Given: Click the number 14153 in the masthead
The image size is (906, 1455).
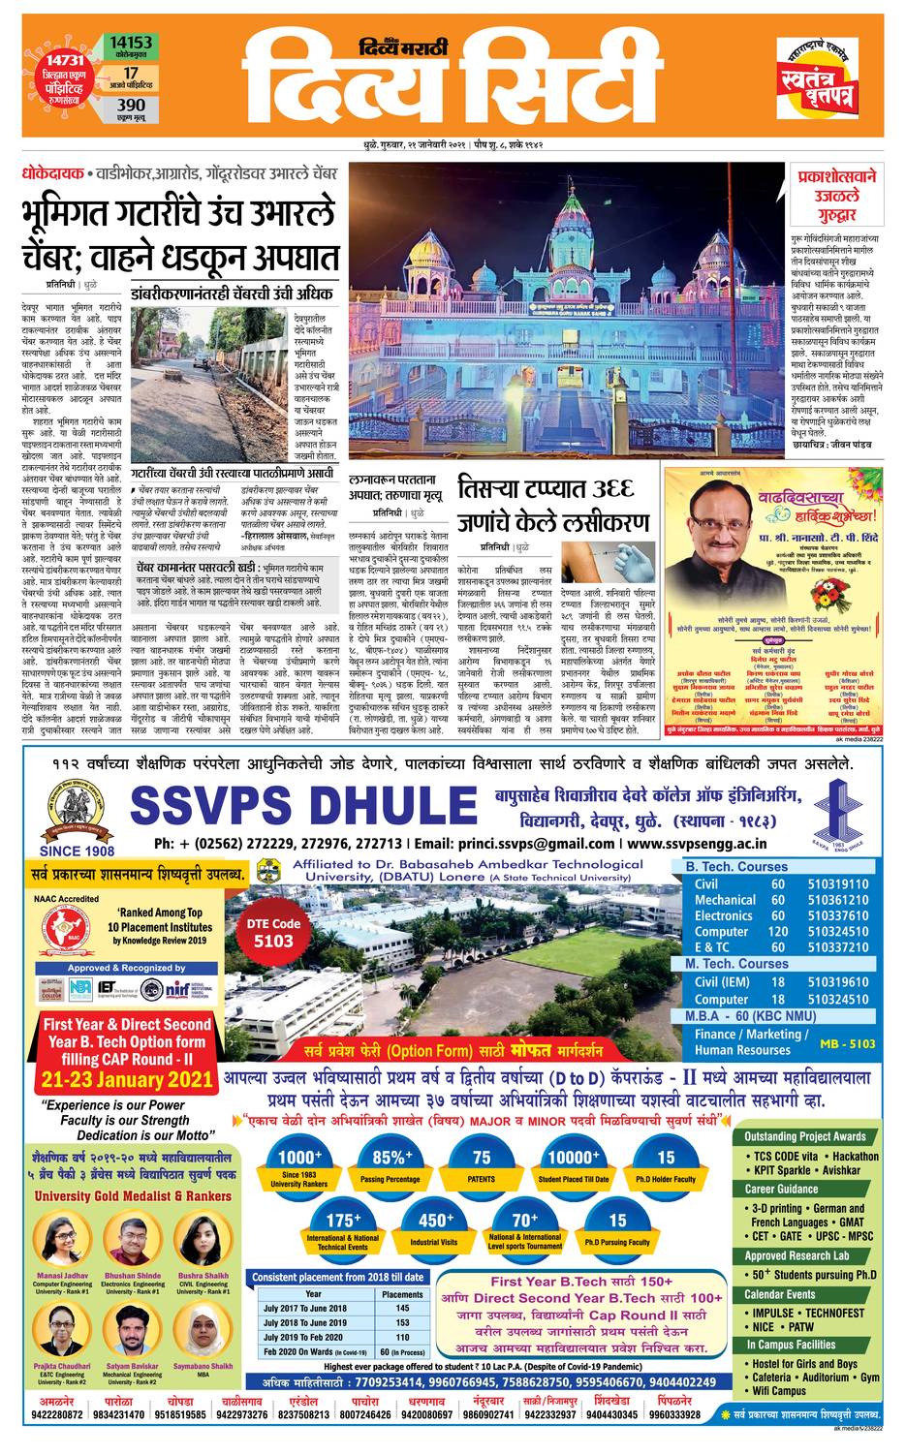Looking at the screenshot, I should point(131,44).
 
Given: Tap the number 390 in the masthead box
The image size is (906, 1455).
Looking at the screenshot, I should point(131,105).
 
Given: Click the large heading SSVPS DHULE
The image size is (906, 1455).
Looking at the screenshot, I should point(297,806).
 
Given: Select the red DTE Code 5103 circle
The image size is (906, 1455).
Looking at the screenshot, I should point(272,932).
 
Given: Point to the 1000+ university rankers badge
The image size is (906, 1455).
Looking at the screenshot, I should point(298,1162).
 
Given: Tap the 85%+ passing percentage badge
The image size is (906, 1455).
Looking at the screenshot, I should point(391,1162).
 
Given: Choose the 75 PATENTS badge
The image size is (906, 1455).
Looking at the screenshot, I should point(481,1162).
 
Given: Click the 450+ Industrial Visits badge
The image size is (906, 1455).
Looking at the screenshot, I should point(435,1226).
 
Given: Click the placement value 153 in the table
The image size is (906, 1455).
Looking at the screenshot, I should point(402,1322).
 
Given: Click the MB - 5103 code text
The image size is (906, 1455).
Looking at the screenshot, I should point(846,1043).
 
